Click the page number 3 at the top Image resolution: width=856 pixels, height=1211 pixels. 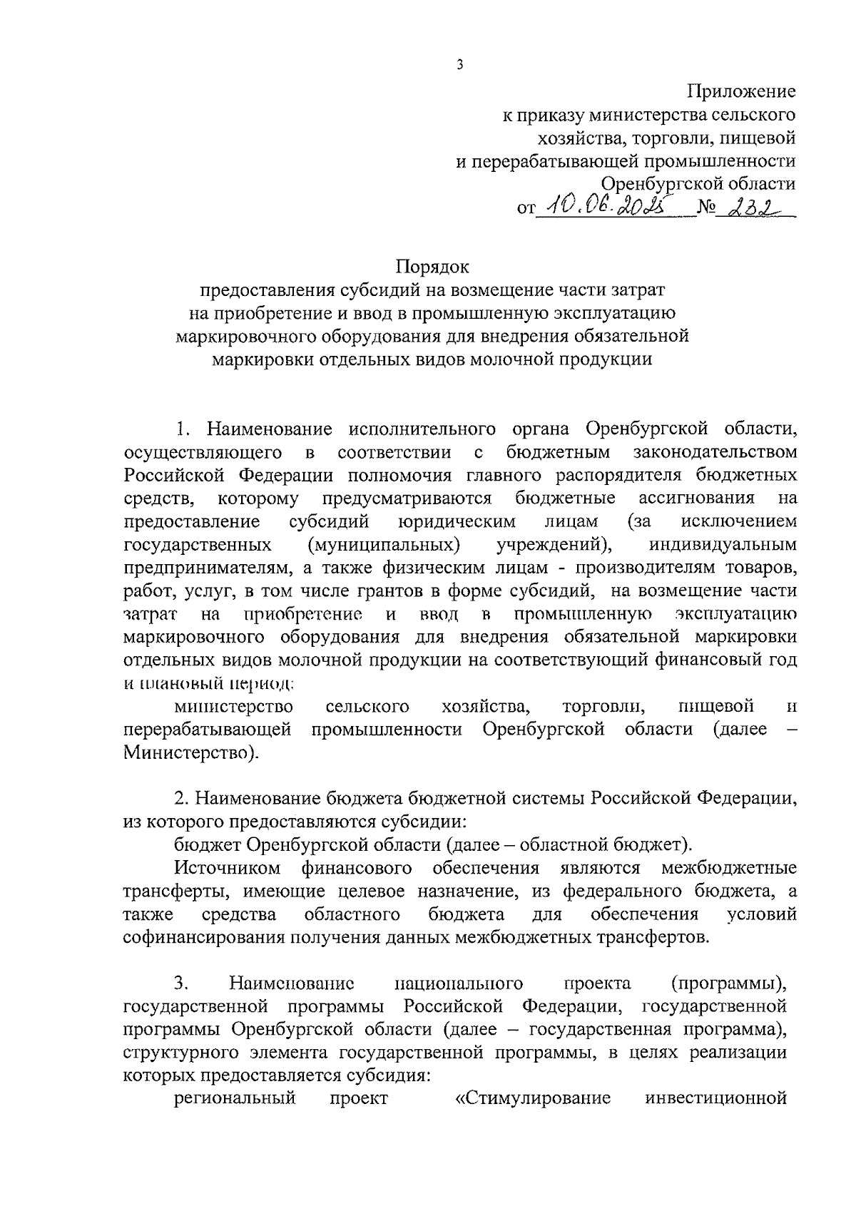click(x=460, y=65)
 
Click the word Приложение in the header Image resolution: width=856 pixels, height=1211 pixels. click(x=741, y=91)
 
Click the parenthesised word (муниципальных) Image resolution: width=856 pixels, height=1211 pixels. click(x=384, y=545)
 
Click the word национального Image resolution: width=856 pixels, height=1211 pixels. click(x=459, y=983)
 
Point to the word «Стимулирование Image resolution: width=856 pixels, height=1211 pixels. click(x=533, y=1098)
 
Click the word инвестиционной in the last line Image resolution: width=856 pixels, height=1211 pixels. click(x=715, y=1098)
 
